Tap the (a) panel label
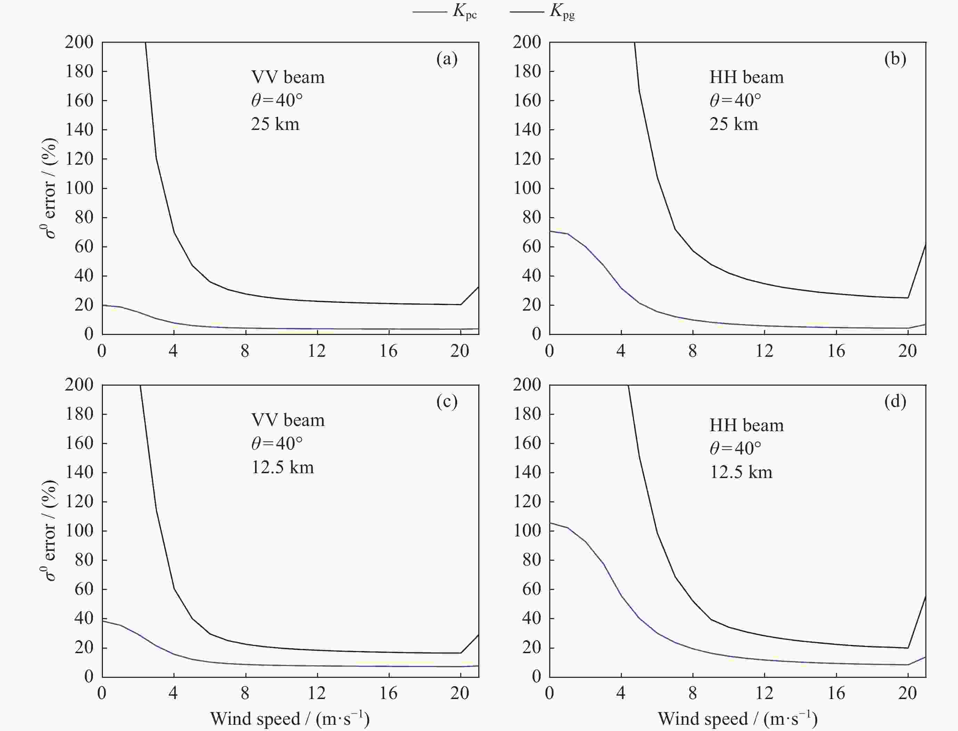pyautogui.click(x=447, y=59)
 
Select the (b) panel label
pyautogui.click(x=895, y=59)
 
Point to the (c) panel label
pyautogui.click(x=447, y=401)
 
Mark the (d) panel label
pyautogui.click(x=895, y=401)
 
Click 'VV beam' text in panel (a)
pyautogui.click(x=288, y=77)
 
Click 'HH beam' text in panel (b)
pyautogui.click(x=746, y=77)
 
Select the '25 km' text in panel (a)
pyautogui.click(x=275, y=124)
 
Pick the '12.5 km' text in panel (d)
pyautogui.click(x=741, y=472)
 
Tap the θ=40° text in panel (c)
pyautogui.click(x=277, y=443)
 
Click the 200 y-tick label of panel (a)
pyautogui.click(x=79, y=42)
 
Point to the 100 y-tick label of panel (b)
pyautogui.click(x=527, y=188)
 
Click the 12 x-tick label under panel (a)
pyautogui.click(x=317, y=351)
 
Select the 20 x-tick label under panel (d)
pyautogui.click(x=908, y=693)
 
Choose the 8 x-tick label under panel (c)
pyautogui.click(x=245, y=693)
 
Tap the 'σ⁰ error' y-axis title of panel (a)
pyautogui.click(x=50, y=188)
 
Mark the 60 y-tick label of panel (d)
pyautogui.click(x=531, y=589)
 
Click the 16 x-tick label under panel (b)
pyautogui.click(x=836, y=351)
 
